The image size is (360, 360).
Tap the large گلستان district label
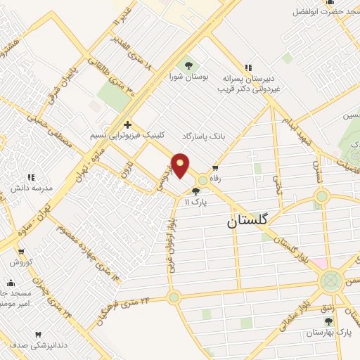pos(247,221)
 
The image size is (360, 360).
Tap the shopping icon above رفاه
pos(214,168)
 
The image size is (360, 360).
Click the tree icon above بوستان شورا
pos(187,64)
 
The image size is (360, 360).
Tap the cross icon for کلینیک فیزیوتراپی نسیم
pos(127,124)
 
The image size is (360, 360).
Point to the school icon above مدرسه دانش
pos(30,177)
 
